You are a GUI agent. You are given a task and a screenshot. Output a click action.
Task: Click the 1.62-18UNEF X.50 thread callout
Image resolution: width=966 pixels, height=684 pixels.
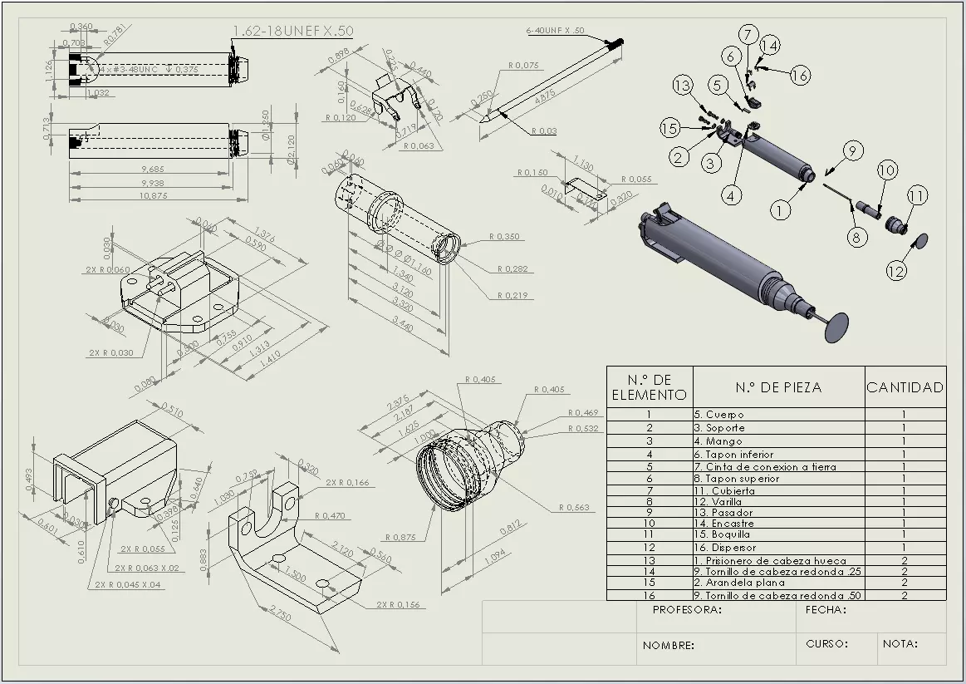pyautogui.click(x=292, y=31)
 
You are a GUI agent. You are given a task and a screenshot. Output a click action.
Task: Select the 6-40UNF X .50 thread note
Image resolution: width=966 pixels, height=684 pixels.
pyautogui.click(x=555, y=31)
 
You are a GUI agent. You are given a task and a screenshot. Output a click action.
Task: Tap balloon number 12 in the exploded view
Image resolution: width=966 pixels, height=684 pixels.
pyautogui.click(x=895, y=271)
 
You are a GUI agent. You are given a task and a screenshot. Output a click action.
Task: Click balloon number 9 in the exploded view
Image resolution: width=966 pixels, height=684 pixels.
pyautogui.click(x=851, y=150)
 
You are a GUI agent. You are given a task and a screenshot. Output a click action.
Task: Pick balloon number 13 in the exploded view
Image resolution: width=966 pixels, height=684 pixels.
pyautogui.click(x=682, y=85)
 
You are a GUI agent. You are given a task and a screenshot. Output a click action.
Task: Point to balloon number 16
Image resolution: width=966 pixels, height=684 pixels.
pyautogui.click(x=799, y=76)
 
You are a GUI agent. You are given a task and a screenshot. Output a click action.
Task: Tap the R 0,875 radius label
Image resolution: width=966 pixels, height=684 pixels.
pyautogui.click(x=400, y=538)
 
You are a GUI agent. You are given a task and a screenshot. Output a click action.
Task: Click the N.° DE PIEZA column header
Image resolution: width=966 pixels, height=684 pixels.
pyautogui.click(x=778, y=387)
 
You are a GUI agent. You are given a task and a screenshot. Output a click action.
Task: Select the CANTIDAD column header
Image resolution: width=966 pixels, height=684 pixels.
pyautogui.click(x=905, y=387)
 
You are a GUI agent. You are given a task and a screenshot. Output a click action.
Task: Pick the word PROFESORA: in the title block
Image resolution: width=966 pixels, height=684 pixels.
pyautogui.click(x=687, y=610)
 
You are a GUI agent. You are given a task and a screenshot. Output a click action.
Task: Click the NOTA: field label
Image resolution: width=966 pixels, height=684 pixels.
pyautogui.click(x=900, y=644)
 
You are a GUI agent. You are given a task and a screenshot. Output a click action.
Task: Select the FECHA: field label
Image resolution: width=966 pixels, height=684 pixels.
pyautogui.click(x=826, y=610)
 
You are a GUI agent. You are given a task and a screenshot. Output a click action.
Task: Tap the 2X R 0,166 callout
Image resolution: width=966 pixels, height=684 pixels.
pyautogui.click(x=347, y=483)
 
